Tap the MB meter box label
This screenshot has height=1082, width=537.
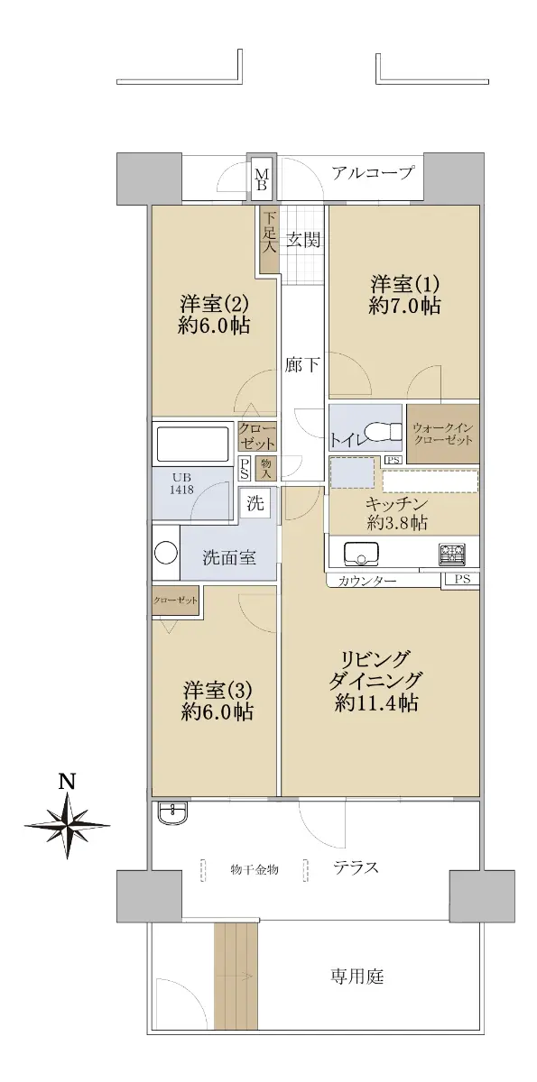[262, 179]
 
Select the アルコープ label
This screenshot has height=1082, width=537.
[373, 172]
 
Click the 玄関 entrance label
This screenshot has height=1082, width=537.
[303, 240]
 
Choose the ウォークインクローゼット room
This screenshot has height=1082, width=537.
[443, 434]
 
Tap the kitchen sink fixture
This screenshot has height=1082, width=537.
[361, 554]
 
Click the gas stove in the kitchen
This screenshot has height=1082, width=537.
[452, 554]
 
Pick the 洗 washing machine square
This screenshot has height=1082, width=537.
[255, 503]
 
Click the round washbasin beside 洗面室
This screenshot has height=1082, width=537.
[166, 552]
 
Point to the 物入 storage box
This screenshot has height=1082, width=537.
[266, 468]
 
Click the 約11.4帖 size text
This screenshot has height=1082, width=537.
[376, 703]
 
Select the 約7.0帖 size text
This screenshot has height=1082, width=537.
[404, 307]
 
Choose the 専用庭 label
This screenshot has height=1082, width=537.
[357, 977]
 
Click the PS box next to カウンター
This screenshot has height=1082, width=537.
[462, 579]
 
